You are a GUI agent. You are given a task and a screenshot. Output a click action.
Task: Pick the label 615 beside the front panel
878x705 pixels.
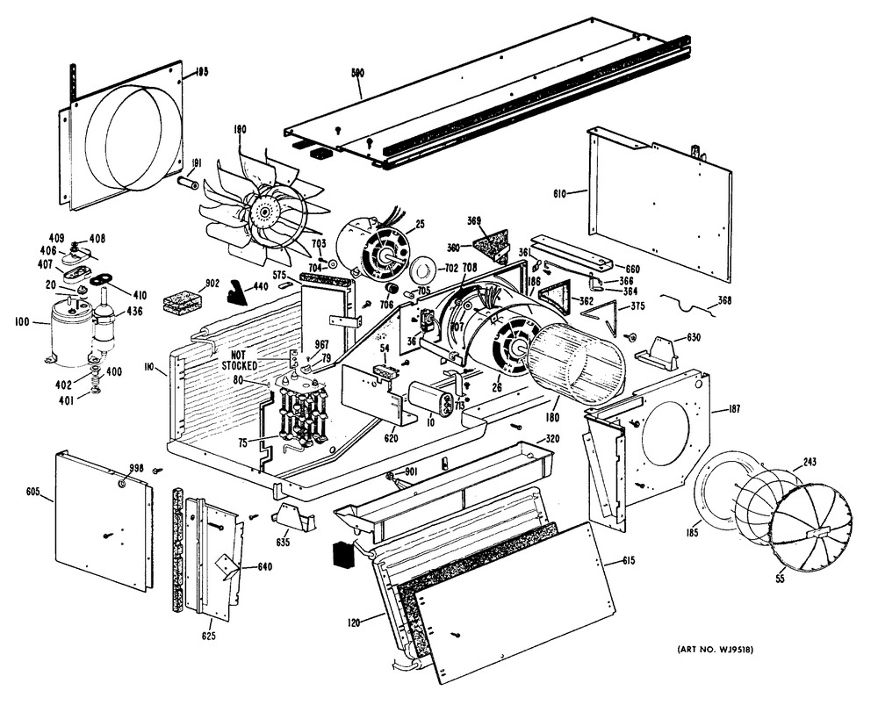pyautogui.click(x=628, y=560)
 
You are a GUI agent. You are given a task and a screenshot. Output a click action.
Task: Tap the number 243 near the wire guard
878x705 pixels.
pyautogui.click(x=809, y=464)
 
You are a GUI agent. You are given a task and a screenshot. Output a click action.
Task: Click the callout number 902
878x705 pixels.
pyautogui.click(x=188, y=283)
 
